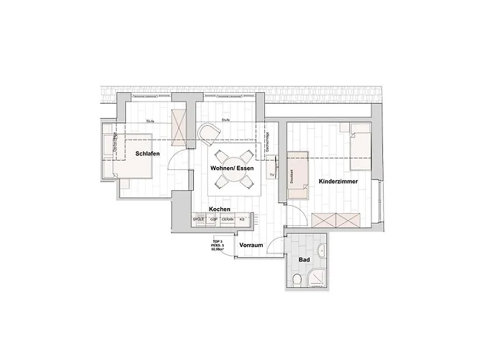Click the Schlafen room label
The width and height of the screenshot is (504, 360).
click(147, 153)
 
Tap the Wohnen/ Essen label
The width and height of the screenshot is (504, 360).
click(232, 168)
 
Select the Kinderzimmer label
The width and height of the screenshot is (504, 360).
click(338, 183)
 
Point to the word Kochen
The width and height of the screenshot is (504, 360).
click(219, 209)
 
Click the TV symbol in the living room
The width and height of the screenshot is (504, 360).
click(272, 175)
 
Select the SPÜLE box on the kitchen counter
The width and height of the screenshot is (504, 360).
click(199, 219)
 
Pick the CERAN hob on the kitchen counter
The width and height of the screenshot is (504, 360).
click(228, 219)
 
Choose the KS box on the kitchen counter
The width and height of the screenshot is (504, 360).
click(242, 219)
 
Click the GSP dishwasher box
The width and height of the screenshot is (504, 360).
click(214, 219)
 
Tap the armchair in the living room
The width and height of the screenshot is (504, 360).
click(208, 133)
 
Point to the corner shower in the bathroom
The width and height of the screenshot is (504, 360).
click(316, 278)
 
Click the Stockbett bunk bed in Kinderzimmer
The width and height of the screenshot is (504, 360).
click(297, 172)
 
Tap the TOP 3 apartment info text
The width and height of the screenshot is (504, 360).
click(217, 244)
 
